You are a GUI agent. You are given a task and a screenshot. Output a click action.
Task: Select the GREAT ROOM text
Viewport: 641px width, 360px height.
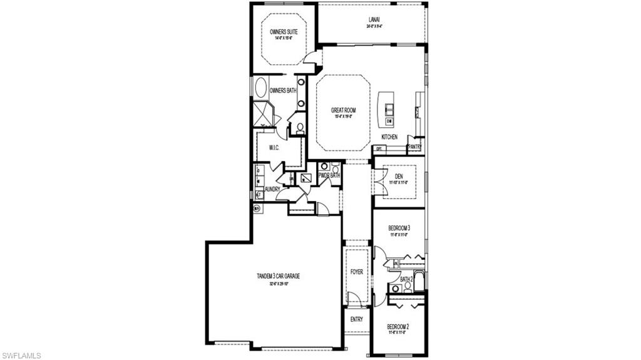click(343, 110)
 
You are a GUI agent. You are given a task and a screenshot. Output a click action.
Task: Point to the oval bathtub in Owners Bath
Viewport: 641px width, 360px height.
click(260, 87)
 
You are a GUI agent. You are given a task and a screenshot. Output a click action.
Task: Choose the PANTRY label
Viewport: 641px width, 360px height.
click(414, 148)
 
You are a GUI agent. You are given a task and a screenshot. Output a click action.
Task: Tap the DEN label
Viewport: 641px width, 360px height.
click(399, 176)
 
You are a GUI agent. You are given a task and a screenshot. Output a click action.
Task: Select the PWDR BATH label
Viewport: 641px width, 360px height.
click(329, 176)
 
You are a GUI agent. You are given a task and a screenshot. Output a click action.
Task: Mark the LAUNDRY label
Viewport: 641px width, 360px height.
click(272, 189)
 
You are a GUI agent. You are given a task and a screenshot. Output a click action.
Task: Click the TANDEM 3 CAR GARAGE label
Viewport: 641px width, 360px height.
click(277, 276)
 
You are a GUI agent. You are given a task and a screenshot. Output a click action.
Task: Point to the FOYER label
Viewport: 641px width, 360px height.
click(356, 272)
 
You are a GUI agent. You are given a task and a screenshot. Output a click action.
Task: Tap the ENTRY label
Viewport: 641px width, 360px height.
click(356, 319)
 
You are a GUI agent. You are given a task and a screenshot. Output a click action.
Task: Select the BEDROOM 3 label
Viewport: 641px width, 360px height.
click(399, 229)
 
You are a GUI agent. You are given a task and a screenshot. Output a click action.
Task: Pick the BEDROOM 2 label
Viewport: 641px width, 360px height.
click(397, 327)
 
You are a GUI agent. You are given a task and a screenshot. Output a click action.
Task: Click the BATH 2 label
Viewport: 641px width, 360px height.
click(406, 279)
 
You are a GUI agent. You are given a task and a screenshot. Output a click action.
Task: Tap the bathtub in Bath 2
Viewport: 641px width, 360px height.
click(419, 280)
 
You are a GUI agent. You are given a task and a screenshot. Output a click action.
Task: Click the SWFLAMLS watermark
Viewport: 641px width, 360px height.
click(21, 355)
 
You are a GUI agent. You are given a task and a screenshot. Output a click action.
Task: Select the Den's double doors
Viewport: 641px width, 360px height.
click(374, 179)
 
